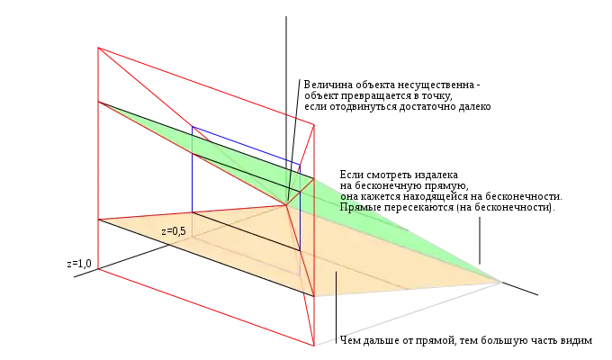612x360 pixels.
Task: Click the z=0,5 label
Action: click(x=174, y=231)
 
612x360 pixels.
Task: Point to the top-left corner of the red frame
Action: click(x=97, y=47)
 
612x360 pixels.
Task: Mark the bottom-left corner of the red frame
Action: click(x=97, y=267)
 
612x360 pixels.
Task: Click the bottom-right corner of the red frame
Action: click(x=313, y=345)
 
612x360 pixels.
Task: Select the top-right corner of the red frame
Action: click(x=313, y=123)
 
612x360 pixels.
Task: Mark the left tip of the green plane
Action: click(x=99, y=103)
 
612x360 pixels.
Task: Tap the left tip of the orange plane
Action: click(x=99, y=219)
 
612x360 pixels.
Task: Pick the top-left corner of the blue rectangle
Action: click(x=192, y=129)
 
